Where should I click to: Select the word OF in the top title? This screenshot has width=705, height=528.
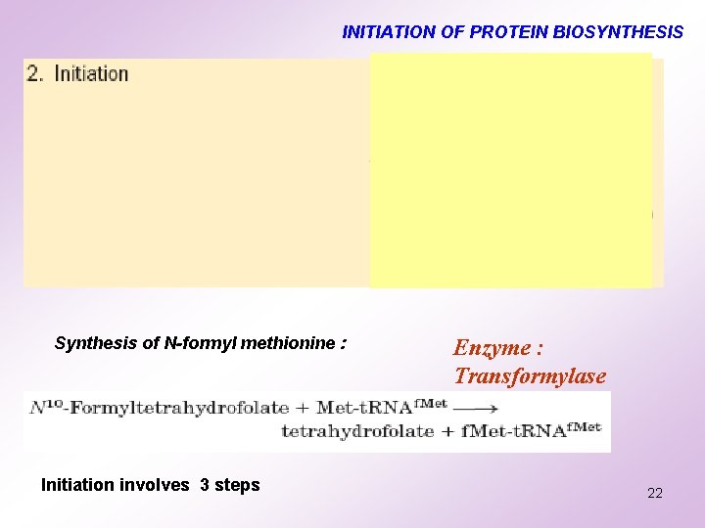453,32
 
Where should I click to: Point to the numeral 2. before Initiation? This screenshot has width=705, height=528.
36,74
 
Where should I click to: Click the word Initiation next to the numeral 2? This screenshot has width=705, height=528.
91,74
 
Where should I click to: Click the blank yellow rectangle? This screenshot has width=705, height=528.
510,170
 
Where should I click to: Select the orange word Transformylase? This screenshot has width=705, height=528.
530,375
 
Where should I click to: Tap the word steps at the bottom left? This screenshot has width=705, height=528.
238,485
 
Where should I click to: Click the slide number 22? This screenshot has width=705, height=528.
654,493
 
